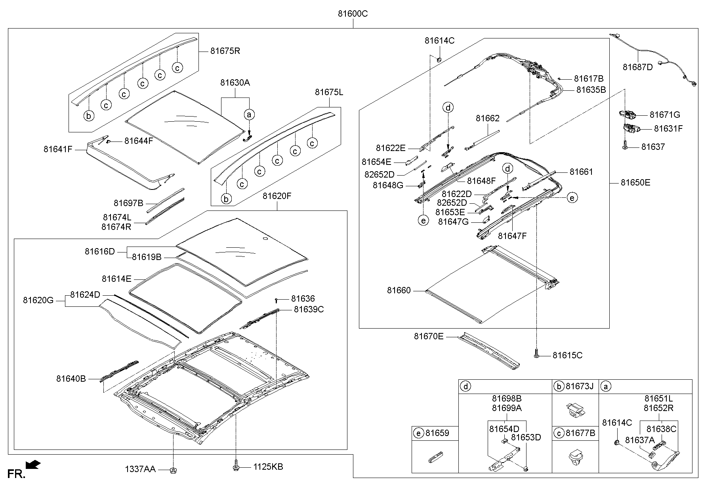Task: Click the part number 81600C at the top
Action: point(353,14)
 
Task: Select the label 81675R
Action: point(225,51)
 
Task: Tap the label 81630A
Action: point(235,83)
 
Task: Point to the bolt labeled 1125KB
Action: point(236,467)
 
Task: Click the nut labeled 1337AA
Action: point(173,470)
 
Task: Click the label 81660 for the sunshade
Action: point(399,291)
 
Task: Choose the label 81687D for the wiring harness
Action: point(637,67)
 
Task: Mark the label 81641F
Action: point(58,149)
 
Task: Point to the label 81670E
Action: point(429,337)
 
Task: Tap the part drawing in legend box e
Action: point(435,457)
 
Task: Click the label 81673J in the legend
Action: point(580,386)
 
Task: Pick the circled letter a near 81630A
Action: point(249,115)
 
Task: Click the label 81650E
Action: point(635,183)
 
